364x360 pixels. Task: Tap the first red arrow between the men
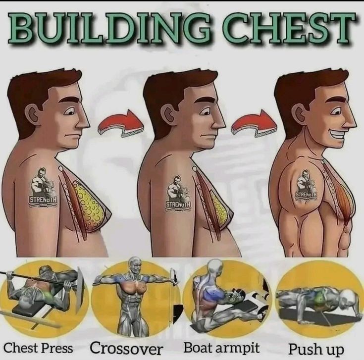121,124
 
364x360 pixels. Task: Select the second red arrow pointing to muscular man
255,123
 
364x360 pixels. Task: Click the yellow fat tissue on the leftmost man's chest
89,205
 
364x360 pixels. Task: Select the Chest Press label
38,348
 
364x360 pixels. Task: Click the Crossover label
126,348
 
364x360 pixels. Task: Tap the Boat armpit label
221,348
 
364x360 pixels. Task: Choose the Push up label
316,349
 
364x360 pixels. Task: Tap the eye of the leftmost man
70,111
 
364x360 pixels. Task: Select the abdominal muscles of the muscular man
344,240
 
